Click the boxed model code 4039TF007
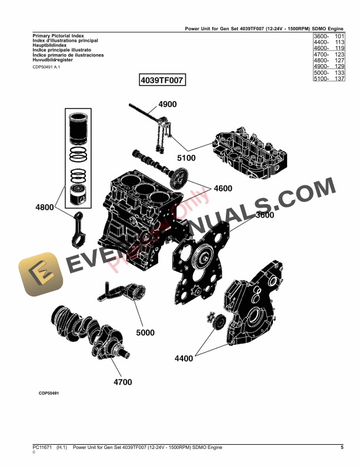coord(162,80)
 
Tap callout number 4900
coord(167,104)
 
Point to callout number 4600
coord(223,189)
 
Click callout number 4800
coord(45,207)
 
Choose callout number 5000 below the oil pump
coord(145,332)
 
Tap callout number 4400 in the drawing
coord(184,358)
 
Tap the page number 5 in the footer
coord(341,448)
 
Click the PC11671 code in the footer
coord(42,448)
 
